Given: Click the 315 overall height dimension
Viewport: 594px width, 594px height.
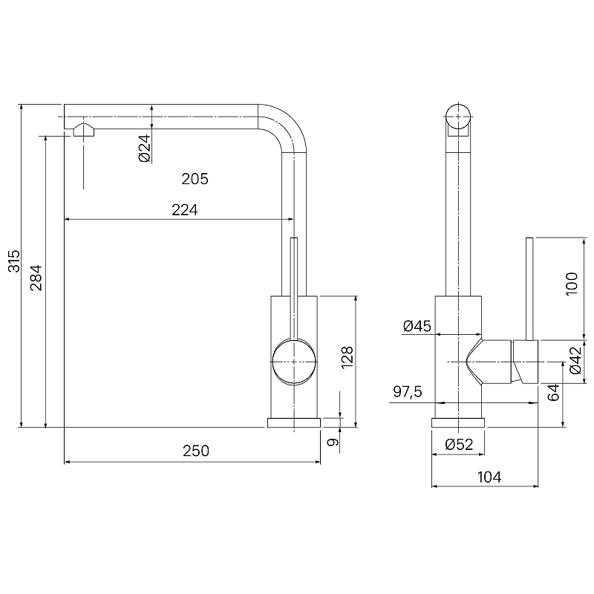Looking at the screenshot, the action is coord(14,261).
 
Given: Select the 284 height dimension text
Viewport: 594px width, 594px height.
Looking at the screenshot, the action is coord(36,278).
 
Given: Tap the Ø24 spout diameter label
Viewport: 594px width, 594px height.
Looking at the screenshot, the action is coord(145,148).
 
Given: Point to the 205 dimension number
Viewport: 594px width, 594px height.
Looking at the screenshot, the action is coord(195,179).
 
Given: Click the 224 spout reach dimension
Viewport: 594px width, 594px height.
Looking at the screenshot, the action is coord(185,210).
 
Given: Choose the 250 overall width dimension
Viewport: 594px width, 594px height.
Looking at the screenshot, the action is coord(196,451).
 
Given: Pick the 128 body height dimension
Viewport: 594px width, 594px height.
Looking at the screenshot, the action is coord(347,357).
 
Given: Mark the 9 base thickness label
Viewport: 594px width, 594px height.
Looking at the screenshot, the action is coord(332,442).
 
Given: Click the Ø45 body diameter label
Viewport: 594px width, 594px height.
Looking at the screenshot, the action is coord(417,326).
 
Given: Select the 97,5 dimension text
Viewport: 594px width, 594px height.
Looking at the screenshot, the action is coord(408,392).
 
